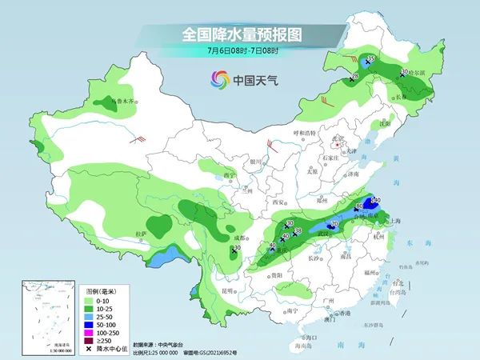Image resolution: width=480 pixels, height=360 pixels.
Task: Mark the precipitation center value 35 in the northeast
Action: tap(371, 58)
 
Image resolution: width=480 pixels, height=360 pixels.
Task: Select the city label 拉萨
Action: tap(142, 234)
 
